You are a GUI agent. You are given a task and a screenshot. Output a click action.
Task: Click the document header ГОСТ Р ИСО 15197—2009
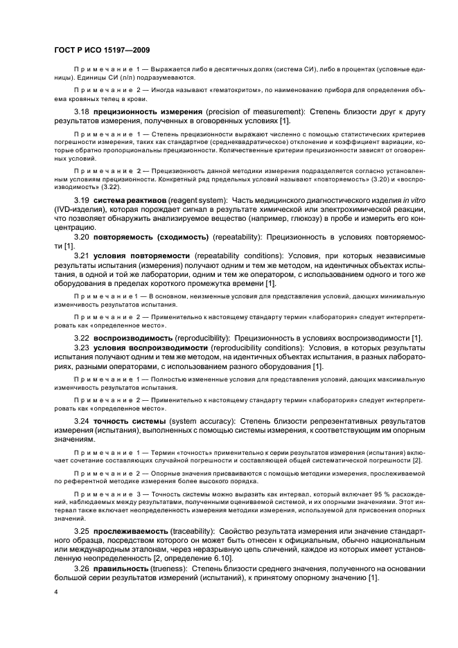pyautogui.click(x=100, y=51)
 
